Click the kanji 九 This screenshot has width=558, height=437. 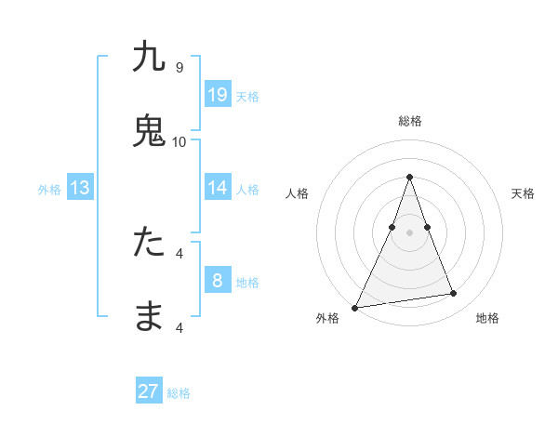pyautogui.click(x=149, y=58)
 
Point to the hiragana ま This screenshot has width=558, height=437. pyautogui.click(x=149, y=316)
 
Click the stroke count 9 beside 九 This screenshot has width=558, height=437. pyautogui.click(x=179, y=67)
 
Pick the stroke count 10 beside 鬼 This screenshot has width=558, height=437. pyautogui.click(x=179, y=141)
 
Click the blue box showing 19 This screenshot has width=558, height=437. pyautogui.click(x=218, y=94)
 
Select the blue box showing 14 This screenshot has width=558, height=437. pyautogui.click(x=218, y=188)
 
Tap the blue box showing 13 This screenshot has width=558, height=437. pyautogui.click(x=80, y=188)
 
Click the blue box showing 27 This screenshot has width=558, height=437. pyautogui.click(x=149, y=391)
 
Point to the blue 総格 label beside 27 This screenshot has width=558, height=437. pyautogui.click(x=179, y=393)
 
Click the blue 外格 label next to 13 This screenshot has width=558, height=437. pyautogui.click(x=49, y=190)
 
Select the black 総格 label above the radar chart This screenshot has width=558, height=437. pyautogui.click(x=410, y=121)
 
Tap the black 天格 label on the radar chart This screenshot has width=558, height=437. pyautogui.click(x=523, y=193)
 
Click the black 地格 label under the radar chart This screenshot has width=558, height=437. pyautogui.click(x=487, y=319)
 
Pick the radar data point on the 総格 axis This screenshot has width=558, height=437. pyautogui.click(x=409, y=177)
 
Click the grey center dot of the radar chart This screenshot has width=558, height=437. pyautogui.click(x=409, y=232)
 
